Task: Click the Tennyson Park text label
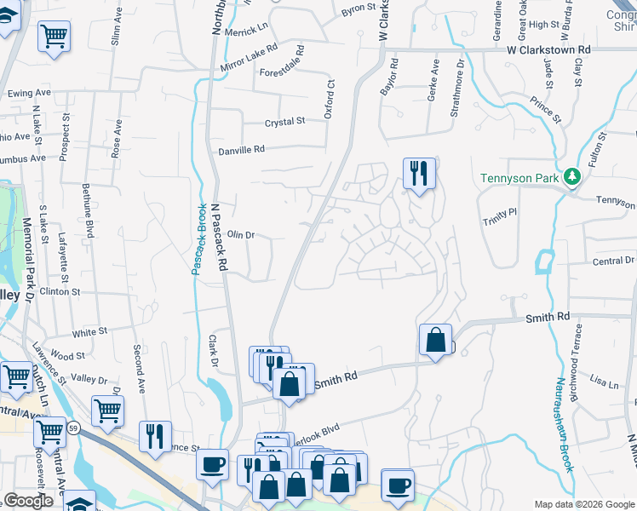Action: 519,178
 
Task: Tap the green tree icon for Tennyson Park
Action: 573,177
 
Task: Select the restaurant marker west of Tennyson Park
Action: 418,175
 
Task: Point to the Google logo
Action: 29,501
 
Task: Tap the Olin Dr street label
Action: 241,234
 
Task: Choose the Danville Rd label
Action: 242,149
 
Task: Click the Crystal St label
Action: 284,123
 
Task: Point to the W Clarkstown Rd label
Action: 548,50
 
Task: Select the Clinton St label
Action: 59,291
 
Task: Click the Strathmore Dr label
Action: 461,85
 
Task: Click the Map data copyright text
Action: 584,504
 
